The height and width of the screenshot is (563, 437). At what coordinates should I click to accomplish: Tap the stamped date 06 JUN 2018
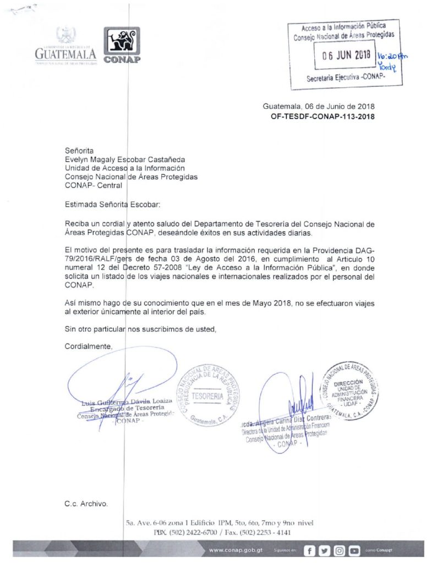[x=346, y=56]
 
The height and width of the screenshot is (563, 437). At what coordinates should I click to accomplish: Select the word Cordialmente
[x=89, y=346]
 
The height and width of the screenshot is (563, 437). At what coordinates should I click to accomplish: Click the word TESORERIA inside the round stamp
[x=207, y=396]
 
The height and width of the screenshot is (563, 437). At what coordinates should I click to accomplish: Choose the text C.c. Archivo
[x=86, y=503]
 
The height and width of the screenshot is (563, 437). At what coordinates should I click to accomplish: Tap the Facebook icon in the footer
[x=310, y=549]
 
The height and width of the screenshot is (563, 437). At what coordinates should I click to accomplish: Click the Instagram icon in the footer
[x=340, y=549]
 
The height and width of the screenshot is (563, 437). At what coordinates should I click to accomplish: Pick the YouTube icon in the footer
[x=354, y=549]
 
